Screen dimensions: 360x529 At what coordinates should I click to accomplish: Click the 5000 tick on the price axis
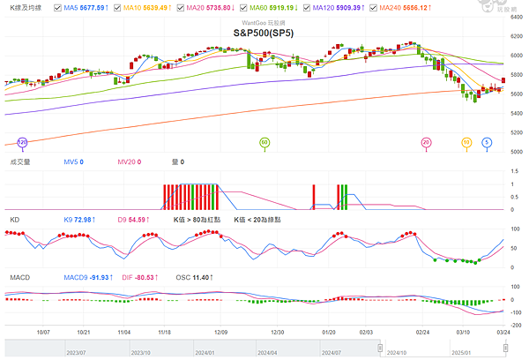tap(518, 152)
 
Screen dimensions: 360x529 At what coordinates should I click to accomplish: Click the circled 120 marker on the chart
tap(22, 141)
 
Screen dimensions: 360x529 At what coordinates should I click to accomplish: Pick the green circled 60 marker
tap(264, 141)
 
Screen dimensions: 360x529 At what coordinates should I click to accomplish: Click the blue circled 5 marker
tap(487, 141)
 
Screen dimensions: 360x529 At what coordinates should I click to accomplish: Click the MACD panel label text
tap(20, 277)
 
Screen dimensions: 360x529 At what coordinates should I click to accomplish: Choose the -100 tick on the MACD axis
tap(517, 312)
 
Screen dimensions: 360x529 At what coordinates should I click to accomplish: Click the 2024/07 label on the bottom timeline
tap(331, 351)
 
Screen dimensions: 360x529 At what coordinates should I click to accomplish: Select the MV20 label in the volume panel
tap(128, 161)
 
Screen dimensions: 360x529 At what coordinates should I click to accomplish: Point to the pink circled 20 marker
tap(427, 141)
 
